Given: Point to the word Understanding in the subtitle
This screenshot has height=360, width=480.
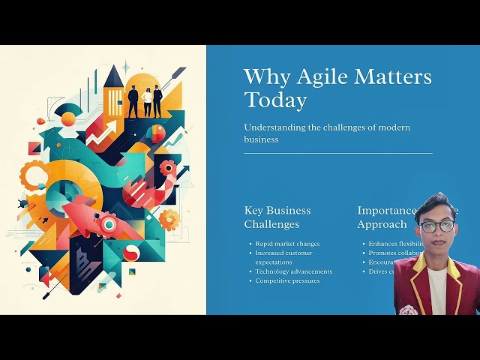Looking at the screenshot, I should click(274, 127).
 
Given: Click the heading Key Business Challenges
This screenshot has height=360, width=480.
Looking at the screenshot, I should click(277, 217).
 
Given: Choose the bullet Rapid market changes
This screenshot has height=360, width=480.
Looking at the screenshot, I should click(287, 244).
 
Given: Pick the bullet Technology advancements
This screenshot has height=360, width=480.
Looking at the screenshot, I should click(293, 271).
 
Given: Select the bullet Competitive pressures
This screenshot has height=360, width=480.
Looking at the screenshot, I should click(287, 280).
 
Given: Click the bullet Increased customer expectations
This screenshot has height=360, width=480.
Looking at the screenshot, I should click(282, 257).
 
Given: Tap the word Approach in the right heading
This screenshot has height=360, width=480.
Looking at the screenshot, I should click(382, 224).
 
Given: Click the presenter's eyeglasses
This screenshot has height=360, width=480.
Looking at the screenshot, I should click(436, 226).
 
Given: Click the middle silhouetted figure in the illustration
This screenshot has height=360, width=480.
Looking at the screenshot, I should click(147, 102).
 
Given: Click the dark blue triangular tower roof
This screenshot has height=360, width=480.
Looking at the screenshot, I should click(114, 76).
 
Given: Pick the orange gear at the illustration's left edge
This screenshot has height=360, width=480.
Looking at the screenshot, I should click(32, 176).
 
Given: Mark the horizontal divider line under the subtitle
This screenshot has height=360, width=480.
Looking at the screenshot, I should click(337, 153).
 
